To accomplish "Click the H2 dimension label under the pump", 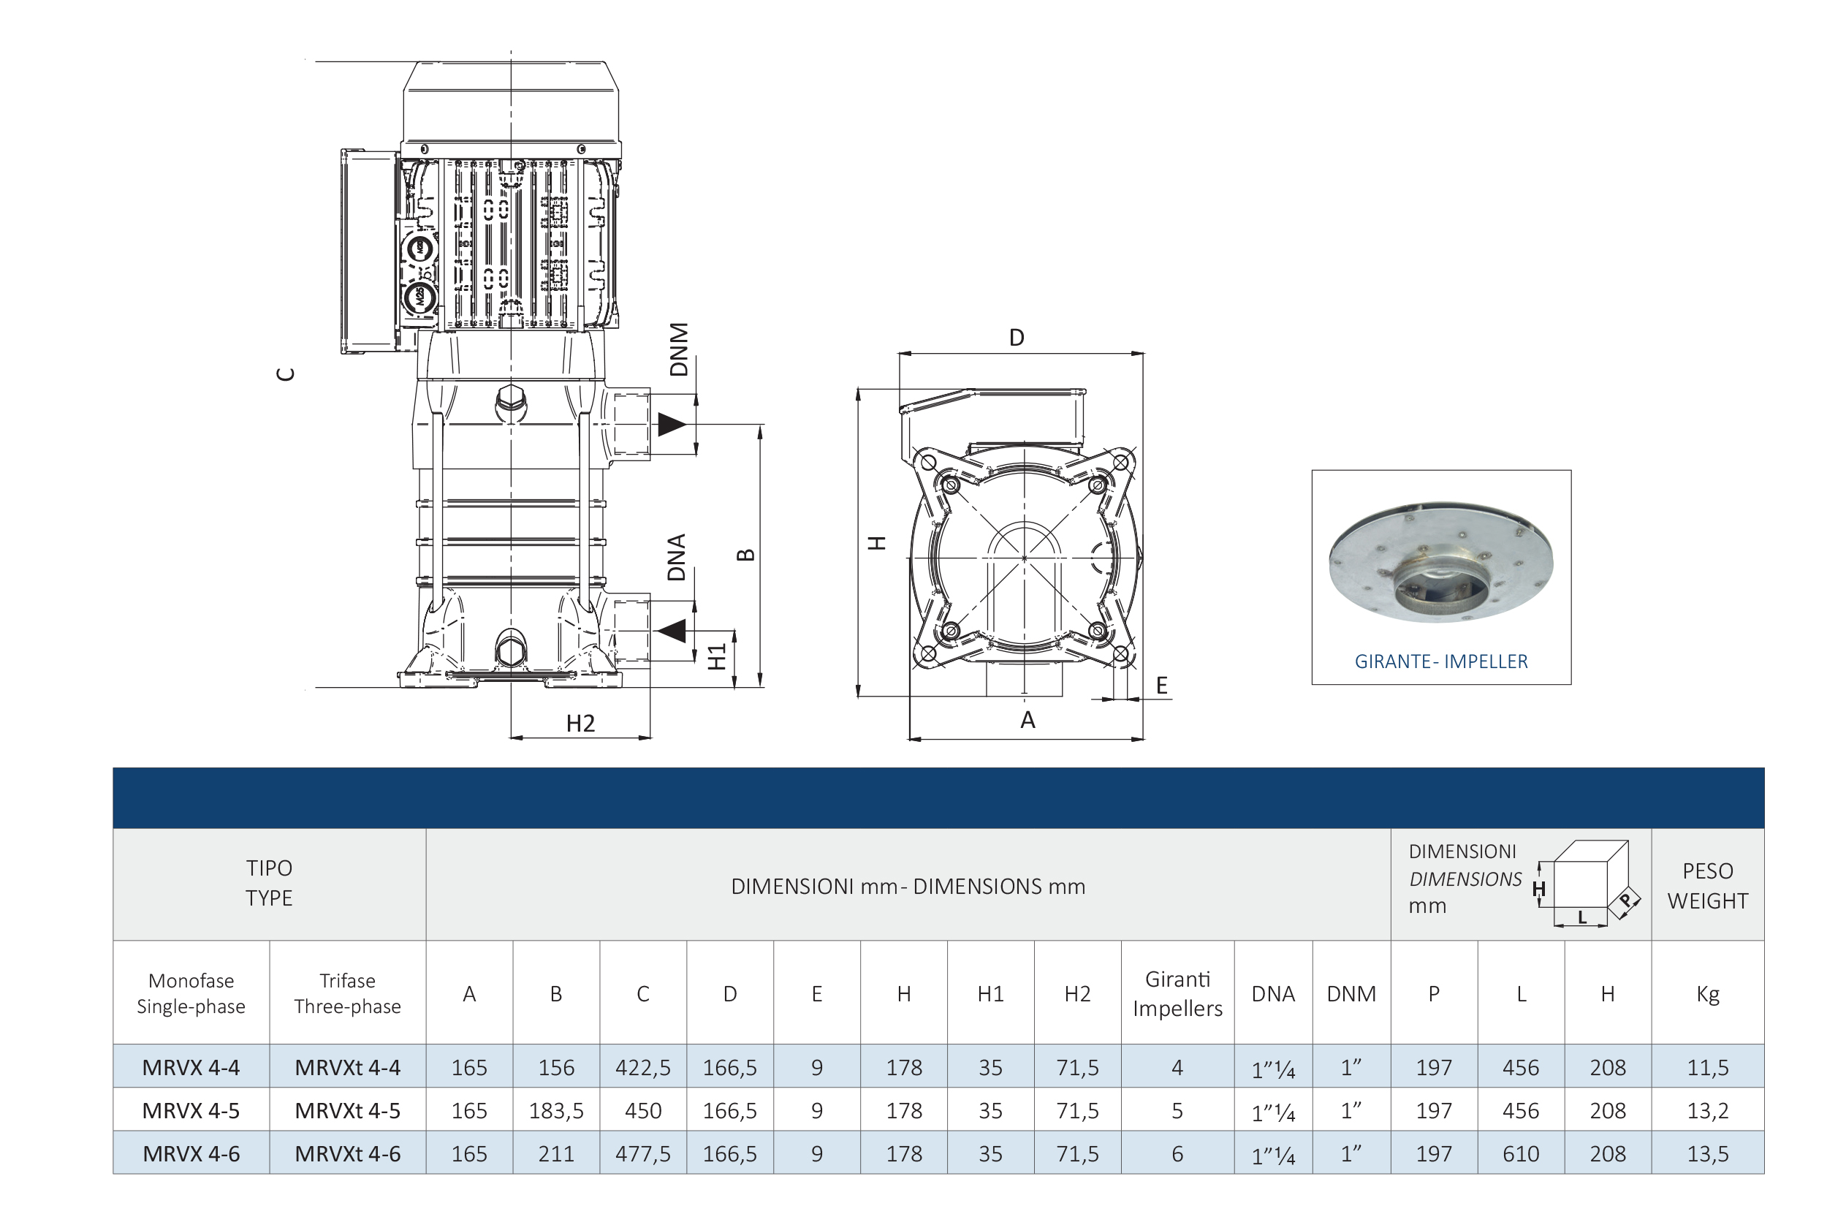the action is (580, 724).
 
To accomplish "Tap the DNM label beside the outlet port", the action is (679, 349).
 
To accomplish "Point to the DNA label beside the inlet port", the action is (677, 557).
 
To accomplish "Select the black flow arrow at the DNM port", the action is (671, 424).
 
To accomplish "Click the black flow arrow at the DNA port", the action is (671, 631).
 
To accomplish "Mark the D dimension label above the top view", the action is (1017, 338).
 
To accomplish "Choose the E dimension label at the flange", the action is (1162, 686).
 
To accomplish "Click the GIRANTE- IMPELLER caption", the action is (1440, 661).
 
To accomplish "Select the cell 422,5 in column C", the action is (642, 1067).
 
